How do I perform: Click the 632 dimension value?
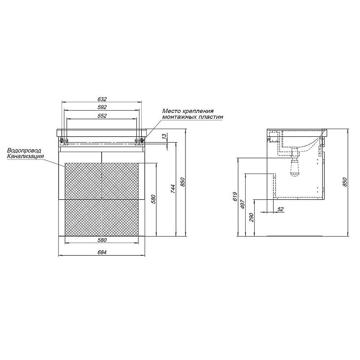tap(102, 99)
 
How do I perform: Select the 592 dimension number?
tap(102, 107)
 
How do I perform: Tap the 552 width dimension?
tap(102, 116)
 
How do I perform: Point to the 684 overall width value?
tap(102, 252)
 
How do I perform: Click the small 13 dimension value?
tap(164, 136)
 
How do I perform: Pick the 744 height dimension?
tap(173, 189)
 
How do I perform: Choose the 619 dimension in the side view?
tap(234, 197)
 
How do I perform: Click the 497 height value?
tap(243, 204)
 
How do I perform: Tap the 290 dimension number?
tap(252, 217)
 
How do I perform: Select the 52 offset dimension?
tap(280, 209)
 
